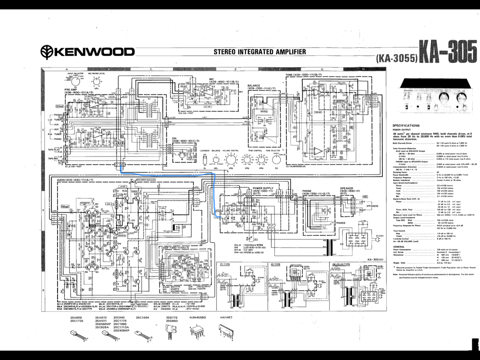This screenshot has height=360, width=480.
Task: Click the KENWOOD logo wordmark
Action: tap(88, 52)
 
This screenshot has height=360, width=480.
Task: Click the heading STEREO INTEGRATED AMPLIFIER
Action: tap(260, 52)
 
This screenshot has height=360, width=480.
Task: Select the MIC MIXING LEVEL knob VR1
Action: tap(95, 81)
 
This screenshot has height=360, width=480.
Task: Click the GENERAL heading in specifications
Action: tap(399, 247)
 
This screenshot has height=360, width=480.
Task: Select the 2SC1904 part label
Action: tap(143, 318)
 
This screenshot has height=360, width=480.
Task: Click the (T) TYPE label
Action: tap(225, 264)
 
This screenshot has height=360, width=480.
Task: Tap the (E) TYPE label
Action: tap(275, 264)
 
